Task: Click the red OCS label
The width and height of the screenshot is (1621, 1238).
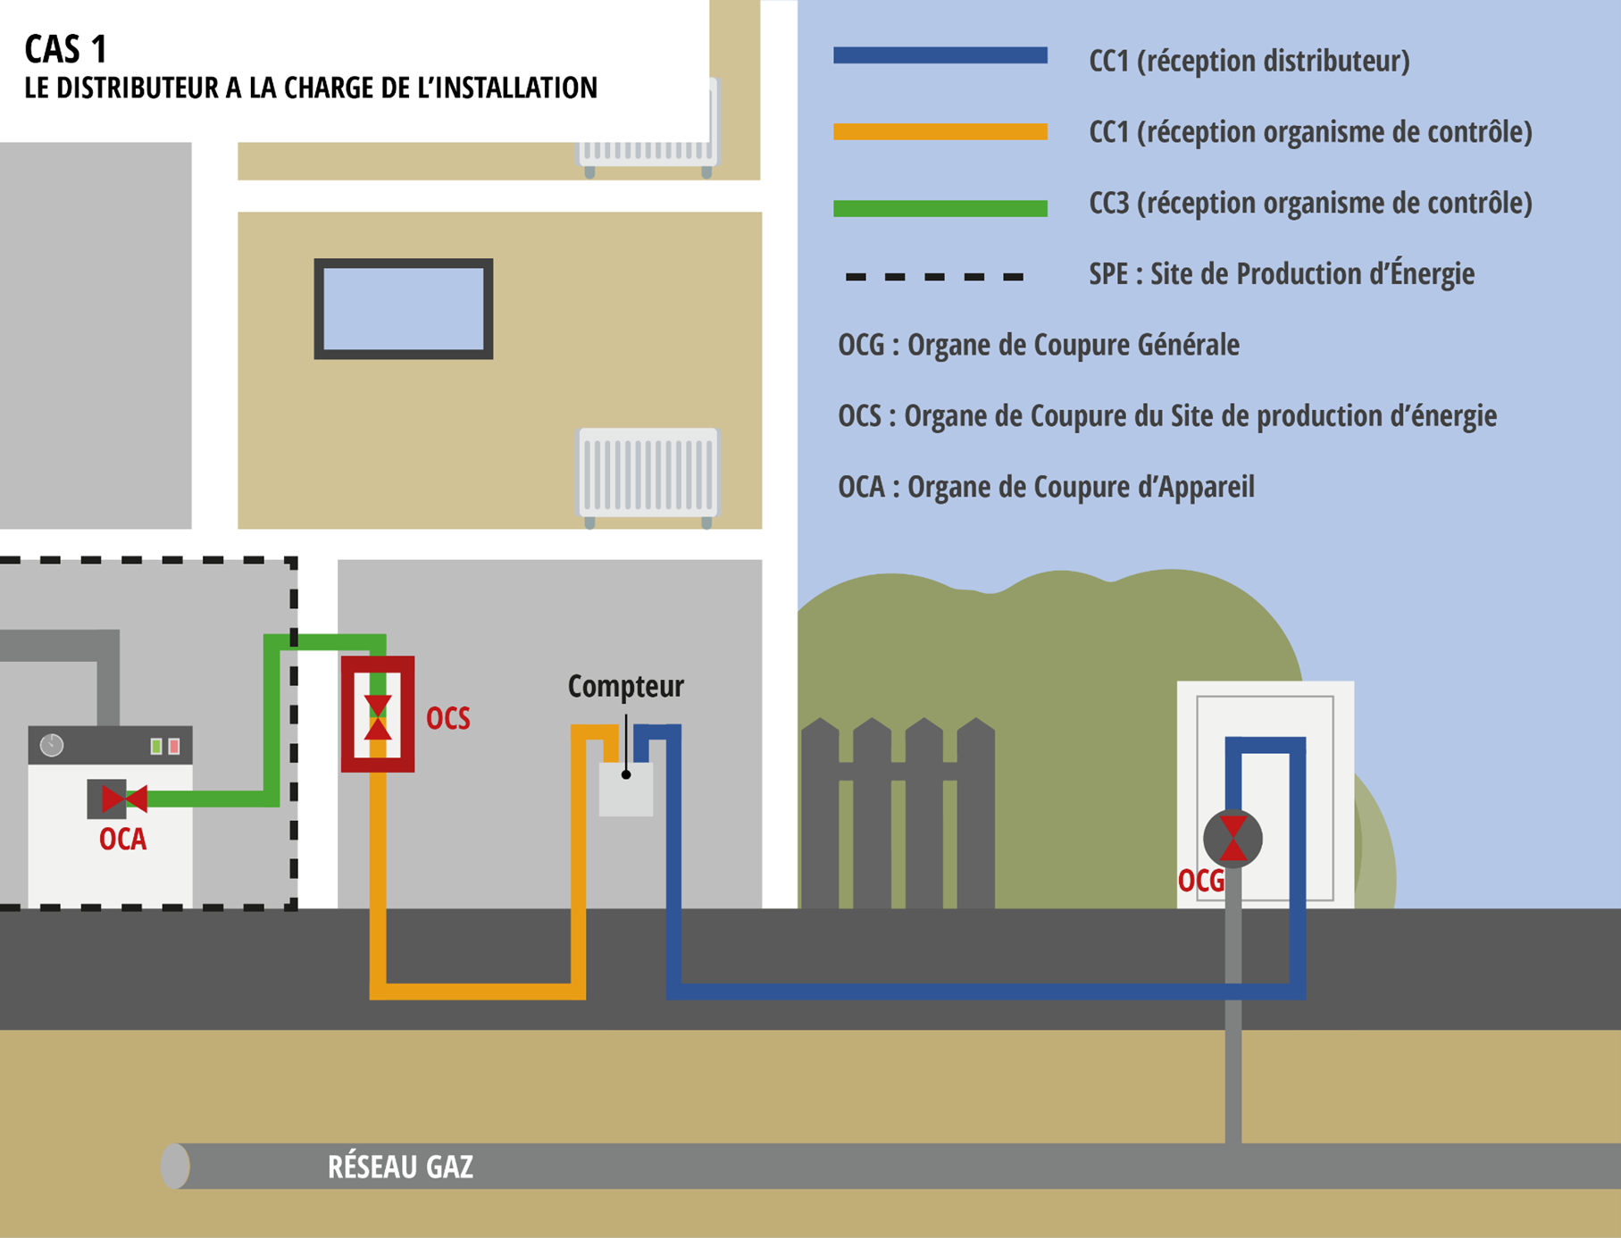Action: (x=447, y=718)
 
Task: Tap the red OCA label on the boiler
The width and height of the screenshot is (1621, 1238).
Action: (x=122, y=840)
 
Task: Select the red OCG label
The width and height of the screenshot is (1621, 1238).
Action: (x=1201, y=881)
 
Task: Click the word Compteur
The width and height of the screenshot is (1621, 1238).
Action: (x=625, y=686)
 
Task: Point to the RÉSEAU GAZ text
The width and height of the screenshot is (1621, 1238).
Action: (x=400, y=1167)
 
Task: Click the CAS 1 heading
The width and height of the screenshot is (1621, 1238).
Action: (x=66, y=49)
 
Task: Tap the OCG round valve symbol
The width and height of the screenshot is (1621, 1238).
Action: (x=1232, y=839)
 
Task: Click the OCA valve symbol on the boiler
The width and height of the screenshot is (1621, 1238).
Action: (x=124, y=798)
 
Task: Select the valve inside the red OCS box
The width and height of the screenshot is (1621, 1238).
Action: (x=378, y=717)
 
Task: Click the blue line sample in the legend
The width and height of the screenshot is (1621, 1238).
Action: (x=940, y=55)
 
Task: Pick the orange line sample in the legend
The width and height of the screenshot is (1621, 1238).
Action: (x=940, y=131)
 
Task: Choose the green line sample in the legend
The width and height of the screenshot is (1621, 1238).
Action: (x=940, y=208)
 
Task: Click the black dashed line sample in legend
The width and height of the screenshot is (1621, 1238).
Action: (x=934, y=277)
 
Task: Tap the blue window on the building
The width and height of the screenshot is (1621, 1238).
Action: (x=404, y=309)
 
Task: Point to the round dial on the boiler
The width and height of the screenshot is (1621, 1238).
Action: (x=52, y=745)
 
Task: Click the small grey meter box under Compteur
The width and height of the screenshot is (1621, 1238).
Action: (x=625, y=789)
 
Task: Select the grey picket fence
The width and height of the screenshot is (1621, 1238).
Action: (x=898, y=813)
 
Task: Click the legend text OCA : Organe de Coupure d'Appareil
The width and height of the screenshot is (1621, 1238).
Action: (x=1046, y=487)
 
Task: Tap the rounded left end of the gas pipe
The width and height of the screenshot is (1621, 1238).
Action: (x=175, y=1166)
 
